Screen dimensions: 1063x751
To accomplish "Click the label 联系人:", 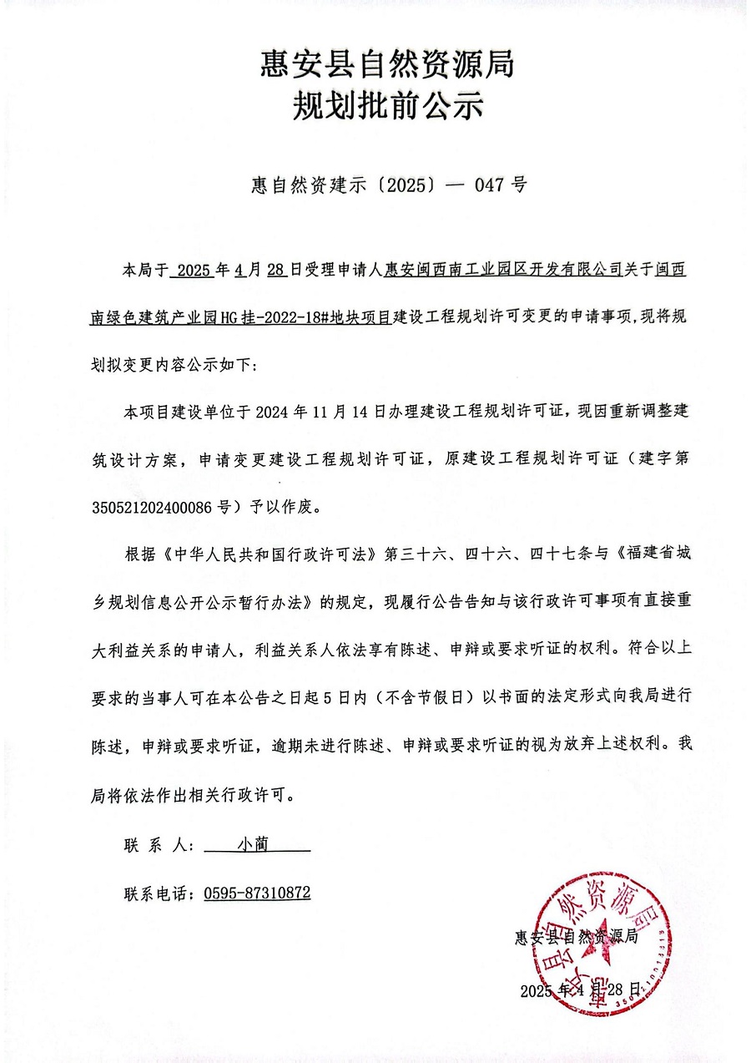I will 159,845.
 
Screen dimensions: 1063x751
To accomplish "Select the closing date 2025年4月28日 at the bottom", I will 580,990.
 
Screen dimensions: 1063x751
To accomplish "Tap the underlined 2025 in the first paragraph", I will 191,270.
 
